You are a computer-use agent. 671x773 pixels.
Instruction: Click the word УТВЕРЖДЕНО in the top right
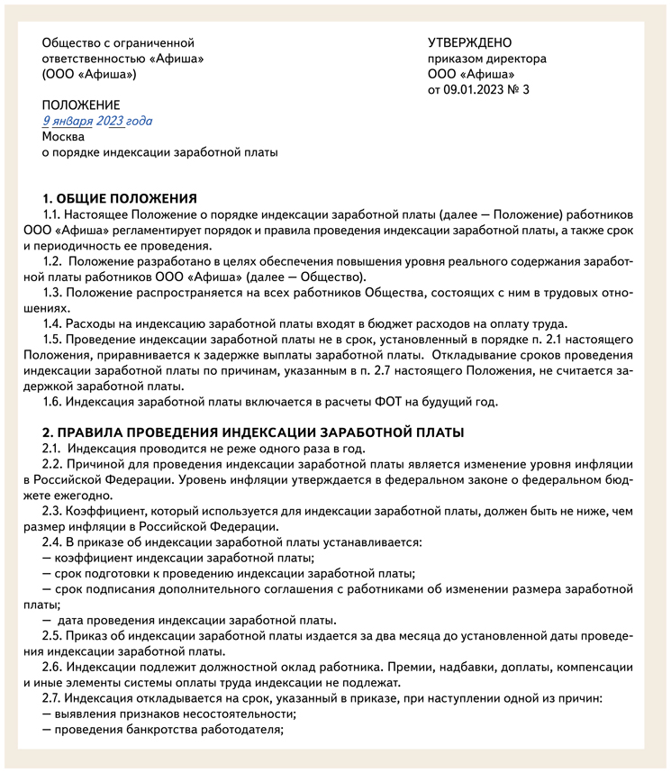(x=469, y=42)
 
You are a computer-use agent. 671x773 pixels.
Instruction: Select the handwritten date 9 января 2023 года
(x=97, y=121)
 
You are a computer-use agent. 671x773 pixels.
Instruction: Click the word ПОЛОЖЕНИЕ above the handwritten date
(x=80, y=105)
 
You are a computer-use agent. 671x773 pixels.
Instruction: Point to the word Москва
(x=63, y=137)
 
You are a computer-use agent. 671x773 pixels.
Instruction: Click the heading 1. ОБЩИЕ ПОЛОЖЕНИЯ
(x=120, y=198)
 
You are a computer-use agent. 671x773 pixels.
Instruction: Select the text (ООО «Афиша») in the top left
(x=88, y=75)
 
